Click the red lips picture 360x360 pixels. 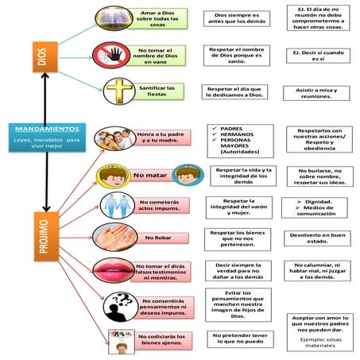tap(113, 268)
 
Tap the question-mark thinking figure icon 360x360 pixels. tap(120, 304)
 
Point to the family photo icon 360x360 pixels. tap(114, 138)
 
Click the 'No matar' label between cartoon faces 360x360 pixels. tap(150, 174)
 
